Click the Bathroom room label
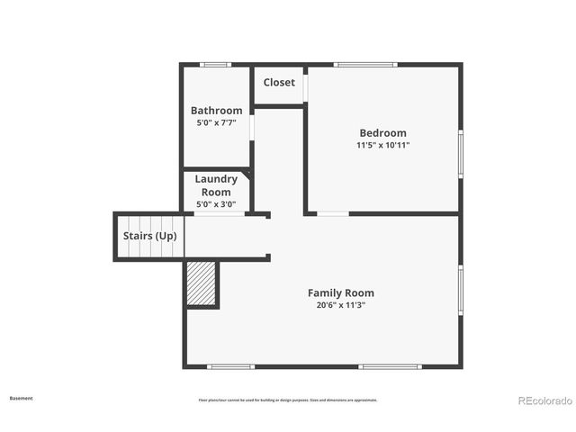pyautogui.click(x=216, y=111)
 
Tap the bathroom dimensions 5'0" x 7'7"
pyautogui.click(x=216, y=122)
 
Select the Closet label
pyautogui.click(x=279, y=83)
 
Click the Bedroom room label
pyautogui.click(x=382, y=133)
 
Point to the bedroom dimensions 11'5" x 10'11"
pyautogui.click(x=382, y=145)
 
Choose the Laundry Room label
pyautogui.click(x=216, y=185)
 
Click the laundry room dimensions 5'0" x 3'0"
pyautogui.click(x=216, y=204)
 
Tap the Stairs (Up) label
pyautogui.click(x=149, y=236)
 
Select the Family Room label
pyautogui.click(x=340, y=292)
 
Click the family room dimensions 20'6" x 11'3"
pyautogui.click(x=340, y=305)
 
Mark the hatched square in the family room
pyautogui.click(x=202, y=283)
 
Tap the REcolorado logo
pyautogui.click(x=544, y=400)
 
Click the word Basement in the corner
pyautogui.click(x=21, y=398)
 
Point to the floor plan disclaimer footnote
pyautogui.click(x=287, y=400)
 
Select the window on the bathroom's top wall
pyautogui.click(x=215, y=64)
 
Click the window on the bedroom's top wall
pyautogui.click(x=365, y=64)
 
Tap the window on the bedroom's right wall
pyautogui.click(x=461, y=153)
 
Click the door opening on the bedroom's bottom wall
pyautogui.click(x=333, y=213)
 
